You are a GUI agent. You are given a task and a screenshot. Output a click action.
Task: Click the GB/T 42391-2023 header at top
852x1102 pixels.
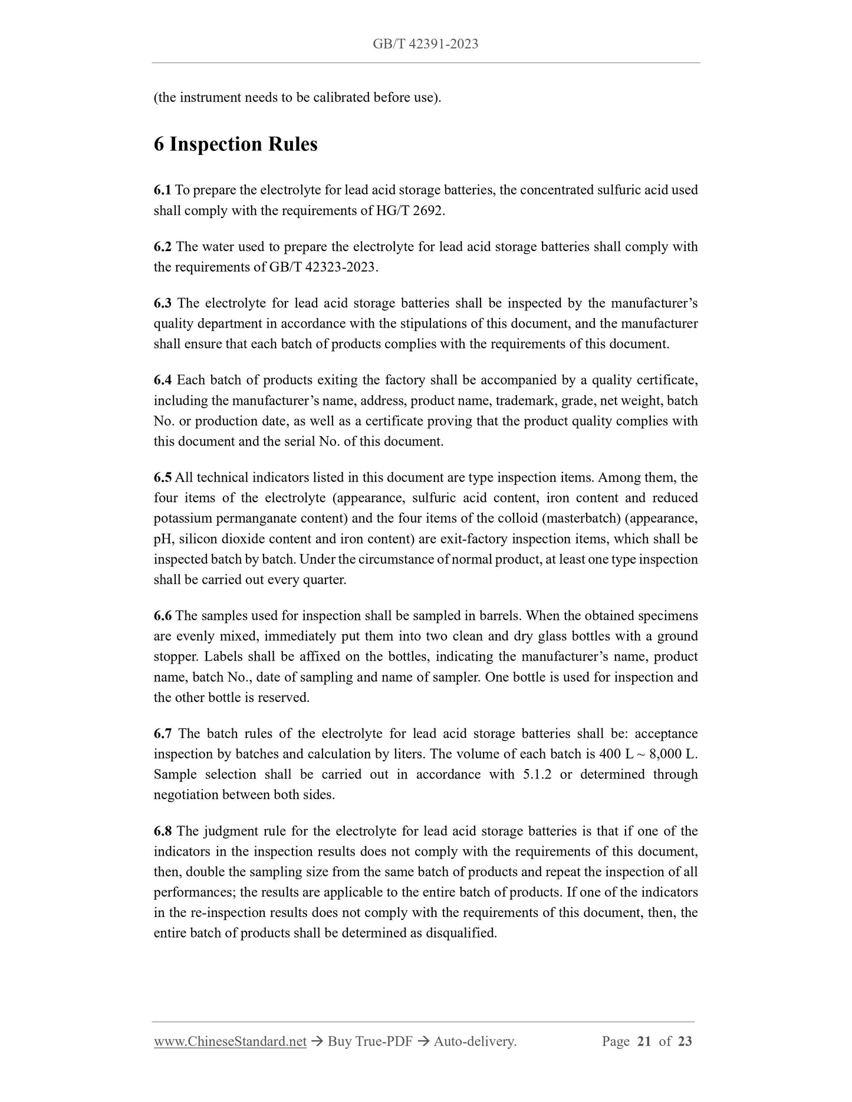pos(425,44)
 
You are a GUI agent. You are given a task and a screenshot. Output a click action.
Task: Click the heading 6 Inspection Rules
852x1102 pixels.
pos(235,144)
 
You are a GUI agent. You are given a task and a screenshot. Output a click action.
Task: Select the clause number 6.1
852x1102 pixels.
pos(163,190)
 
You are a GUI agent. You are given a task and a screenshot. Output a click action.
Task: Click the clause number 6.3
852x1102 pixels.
pos(163,303)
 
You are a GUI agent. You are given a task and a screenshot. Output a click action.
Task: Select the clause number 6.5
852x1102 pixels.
pos(163,477)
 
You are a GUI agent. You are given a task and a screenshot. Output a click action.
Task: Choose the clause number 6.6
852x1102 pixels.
pos(163,616)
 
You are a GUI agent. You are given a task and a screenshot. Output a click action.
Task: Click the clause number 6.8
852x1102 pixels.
pos(163,832)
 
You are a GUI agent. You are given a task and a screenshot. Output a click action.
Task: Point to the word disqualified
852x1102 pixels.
pos(460,933)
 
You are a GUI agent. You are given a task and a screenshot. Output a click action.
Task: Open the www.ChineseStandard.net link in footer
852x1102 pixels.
pos(230,1042)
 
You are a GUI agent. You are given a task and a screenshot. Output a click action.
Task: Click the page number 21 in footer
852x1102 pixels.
pos(644,1042)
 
